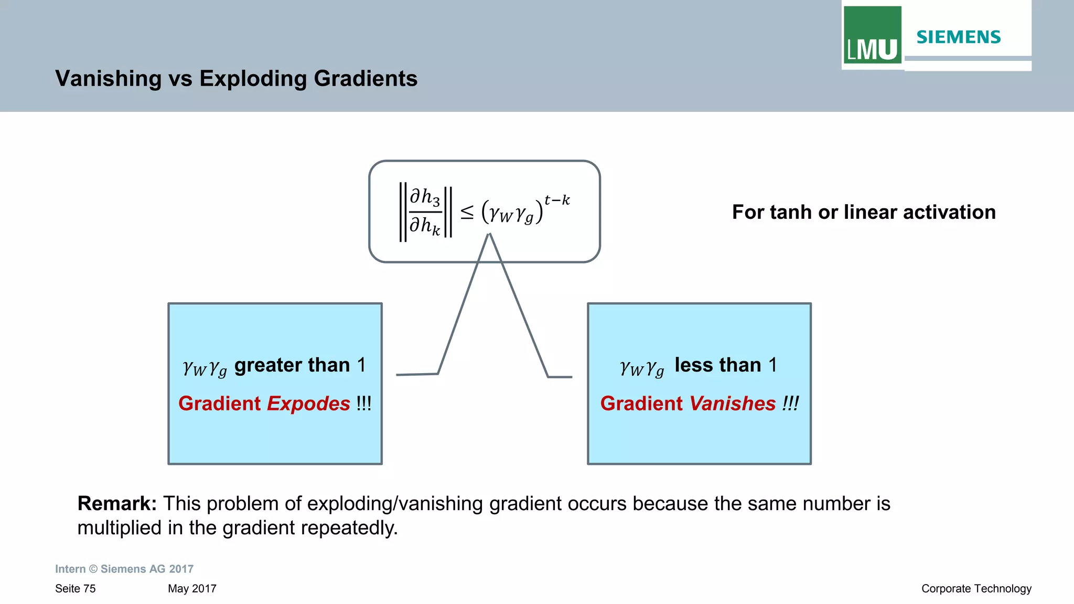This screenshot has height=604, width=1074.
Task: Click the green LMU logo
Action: (x=872, y=35)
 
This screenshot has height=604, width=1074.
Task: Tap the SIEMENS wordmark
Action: (x=958, y=37)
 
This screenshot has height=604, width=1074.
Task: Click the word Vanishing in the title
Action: (x=109, y=79)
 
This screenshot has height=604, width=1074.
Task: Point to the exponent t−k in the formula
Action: (x=557, y=200)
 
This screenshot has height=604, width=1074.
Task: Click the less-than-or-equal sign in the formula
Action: (x=467, y=213)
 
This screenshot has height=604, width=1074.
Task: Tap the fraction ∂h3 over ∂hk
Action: (x=425, y=211)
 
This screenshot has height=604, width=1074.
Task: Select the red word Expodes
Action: (x=308, y=404)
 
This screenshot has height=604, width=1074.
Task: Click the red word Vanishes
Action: (x=732, y=404)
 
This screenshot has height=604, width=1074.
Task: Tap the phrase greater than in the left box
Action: (x=292, y=365)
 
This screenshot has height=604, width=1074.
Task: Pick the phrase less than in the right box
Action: (x=717, y=365)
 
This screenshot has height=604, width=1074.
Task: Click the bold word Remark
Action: (x=117, y=503)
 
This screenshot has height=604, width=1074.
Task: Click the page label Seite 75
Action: (x=76, y=589)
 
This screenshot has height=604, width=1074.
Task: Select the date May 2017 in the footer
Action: (x=192, y=589)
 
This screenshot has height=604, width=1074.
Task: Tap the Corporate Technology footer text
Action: (x=976, y=589)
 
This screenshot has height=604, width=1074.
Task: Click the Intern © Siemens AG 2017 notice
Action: (x=124, y=569)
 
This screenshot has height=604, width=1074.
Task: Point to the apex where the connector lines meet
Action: (x=489, y=235)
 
